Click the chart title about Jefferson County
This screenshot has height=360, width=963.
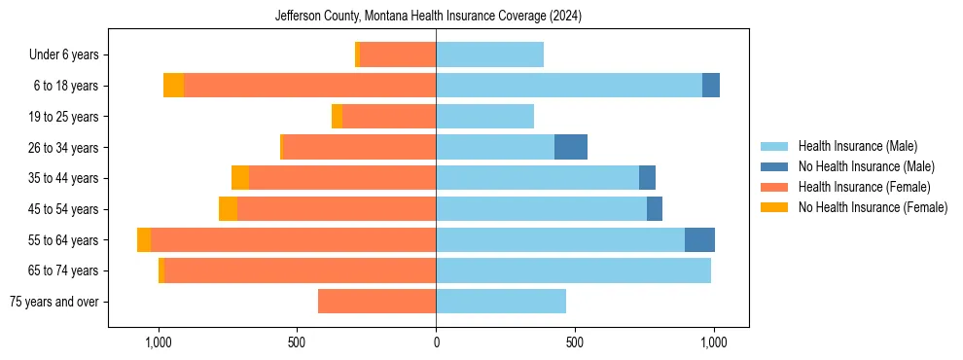coord(428,16)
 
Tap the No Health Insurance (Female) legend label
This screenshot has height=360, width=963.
coord(873,207)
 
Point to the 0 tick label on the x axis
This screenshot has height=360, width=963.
coord(436,342)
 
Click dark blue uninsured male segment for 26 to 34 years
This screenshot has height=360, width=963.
coord(571,147)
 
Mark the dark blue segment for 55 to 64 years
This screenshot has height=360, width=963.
coord(699,240)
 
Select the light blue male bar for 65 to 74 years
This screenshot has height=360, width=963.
coord(573,270)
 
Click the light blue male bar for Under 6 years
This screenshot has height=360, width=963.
coord(489,55)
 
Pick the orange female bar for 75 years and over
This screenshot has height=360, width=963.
coord(376,302)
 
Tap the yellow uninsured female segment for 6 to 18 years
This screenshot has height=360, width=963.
coord(173,86)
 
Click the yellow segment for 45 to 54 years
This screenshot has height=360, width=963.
coord(228,209)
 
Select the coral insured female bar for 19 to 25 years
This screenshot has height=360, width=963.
coord(389,117)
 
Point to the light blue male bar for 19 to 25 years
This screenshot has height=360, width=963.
coord(484,117)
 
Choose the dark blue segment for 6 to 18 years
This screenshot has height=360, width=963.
coord(711,86)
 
